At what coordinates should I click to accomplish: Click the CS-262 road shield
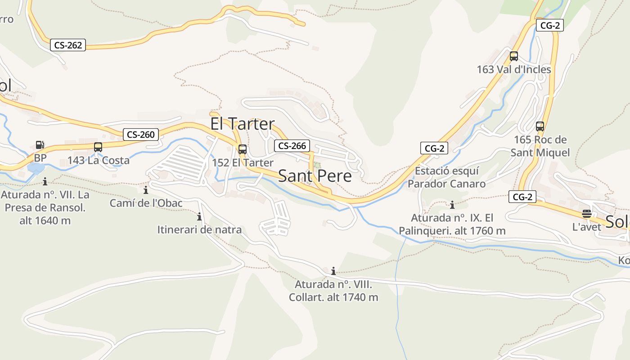(68, 45)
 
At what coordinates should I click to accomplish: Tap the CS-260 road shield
(141, 134)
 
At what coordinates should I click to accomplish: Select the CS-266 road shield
(292, 145)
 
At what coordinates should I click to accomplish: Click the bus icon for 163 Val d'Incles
(513, 56)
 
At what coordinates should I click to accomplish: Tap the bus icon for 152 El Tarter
(242, 149)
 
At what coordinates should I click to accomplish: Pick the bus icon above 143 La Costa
(98, 147)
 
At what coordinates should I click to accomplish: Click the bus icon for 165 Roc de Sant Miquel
(540, 126)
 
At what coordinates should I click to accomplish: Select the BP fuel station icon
(40, 145)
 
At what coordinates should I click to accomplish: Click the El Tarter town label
(242, 124)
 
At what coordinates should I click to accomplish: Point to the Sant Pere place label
(315, 175)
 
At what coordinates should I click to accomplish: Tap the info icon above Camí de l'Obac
(145, 190)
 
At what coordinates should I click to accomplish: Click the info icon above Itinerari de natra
(199, 217)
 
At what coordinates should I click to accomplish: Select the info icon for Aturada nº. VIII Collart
(333, 271)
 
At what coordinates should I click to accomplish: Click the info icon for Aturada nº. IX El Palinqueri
(452, 205)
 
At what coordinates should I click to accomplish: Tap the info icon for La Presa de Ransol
(45, 181)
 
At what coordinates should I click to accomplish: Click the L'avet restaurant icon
(586, 214)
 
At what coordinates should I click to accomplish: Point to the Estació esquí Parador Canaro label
(446, 177)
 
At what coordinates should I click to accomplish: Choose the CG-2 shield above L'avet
(522, 197)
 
